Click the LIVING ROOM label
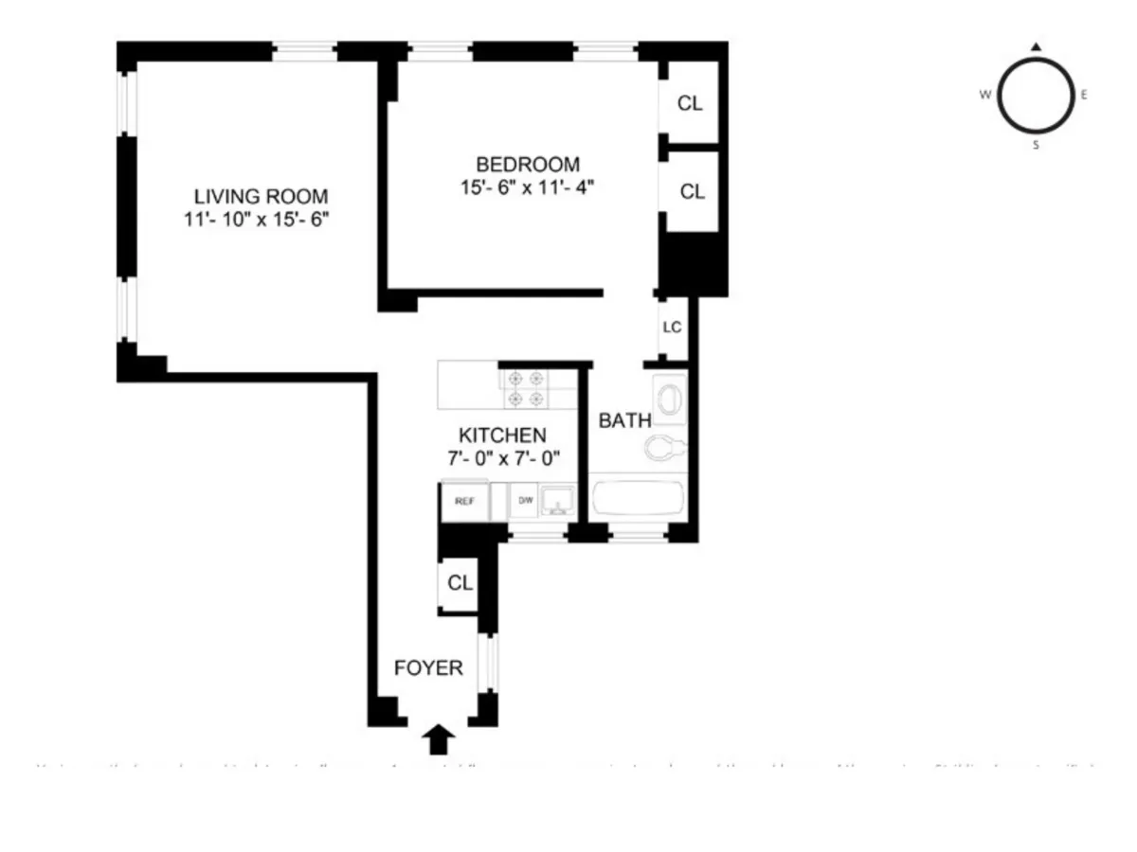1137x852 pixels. pyautogui.click(x=261, y=197)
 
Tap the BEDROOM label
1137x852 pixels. pyautogui.click(x=528, y=164)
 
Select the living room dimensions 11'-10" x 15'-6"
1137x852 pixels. pyautogui.click(x=261, y=220)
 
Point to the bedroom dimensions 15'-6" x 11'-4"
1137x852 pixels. pyautogui.click(x=528, y=186)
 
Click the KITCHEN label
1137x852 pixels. pyautogui.click(x=502, y=435)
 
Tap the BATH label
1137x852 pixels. pyautogui.click(x=624, y=421)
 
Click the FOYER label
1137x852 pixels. pyautogui.click(x=428, y=668)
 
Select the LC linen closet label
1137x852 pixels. pyautogui.click(x=672, y=328)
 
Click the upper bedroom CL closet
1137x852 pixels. pyautogui.click(x=691, y=103)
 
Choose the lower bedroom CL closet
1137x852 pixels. pyautogui.click(x=693, y=191)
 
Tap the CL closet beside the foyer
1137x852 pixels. pyautogui.click(x=460, y=583)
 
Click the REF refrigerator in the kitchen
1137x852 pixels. pyautogui.click(x=464, y=501)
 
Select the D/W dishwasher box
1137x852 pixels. pyautogui.click(x=524, y=501)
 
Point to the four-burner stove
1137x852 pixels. pyautogui.click(x=527, y=388)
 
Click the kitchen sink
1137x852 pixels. pyautogui.click(x=558, y=500)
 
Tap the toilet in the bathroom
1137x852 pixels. pyautogui.click(x=664, y=444)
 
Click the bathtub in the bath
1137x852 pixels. pyautogui.click(x=637, y=498)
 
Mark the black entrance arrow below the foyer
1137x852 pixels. pyautogui.click(x=439, y=738)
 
